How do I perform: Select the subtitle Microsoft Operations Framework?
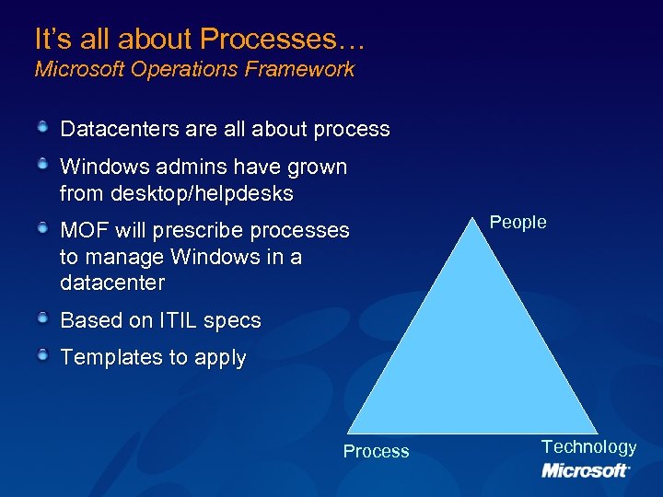(x=194, y=70)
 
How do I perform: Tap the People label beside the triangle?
(x=518, y=222)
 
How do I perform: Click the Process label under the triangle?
(x=376, y=451)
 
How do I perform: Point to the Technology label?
(x=588, y=446)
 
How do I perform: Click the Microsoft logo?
(x=586, y=470)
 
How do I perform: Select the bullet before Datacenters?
(x=43, y=127)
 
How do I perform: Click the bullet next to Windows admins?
(x=43, y=165)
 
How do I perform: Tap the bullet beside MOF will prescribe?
(x=43, y=227)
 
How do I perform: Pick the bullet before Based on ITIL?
(x=43, y=318)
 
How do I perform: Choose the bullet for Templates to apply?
(x=43, y=355)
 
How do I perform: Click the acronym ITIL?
(x=176, y=321)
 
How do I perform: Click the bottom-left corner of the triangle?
(x=348, y=433)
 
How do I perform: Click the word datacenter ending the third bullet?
(x=111, y=282)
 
